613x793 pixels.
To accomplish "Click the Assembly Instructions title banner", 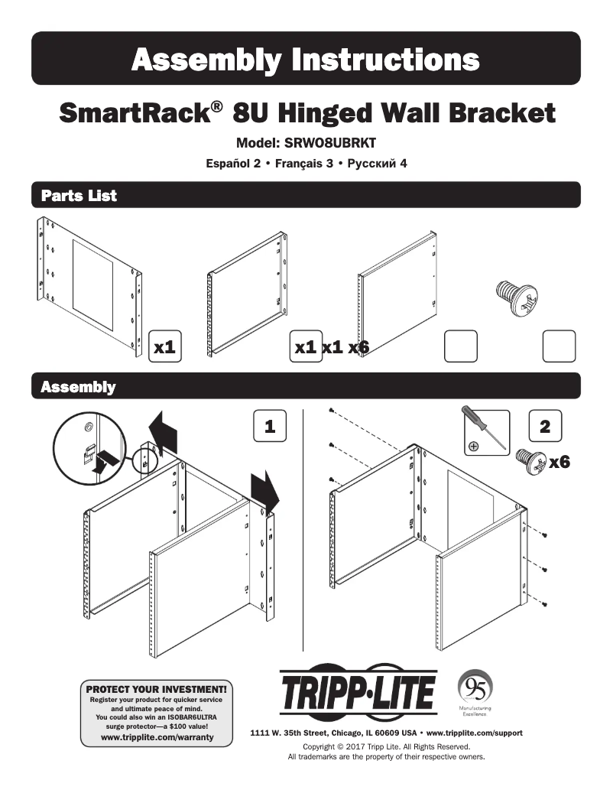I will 306,59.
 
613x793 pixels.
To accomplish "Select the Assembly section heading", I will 77,387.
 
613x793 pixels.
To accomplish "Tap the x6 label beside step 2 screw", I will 559,462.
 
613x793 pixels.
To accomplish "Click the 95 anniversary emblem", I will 474,686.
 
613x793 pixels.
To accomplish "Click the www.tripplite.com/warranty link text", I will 157,738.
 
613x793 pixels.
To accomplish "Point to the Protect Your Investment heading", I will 157,689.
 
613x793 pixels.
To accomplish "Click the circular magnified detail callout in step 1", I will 90,443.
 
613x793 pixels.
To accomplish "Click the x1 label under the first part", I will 165,347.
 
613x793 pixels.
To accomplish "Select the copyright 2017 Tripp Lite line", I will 386,746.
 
